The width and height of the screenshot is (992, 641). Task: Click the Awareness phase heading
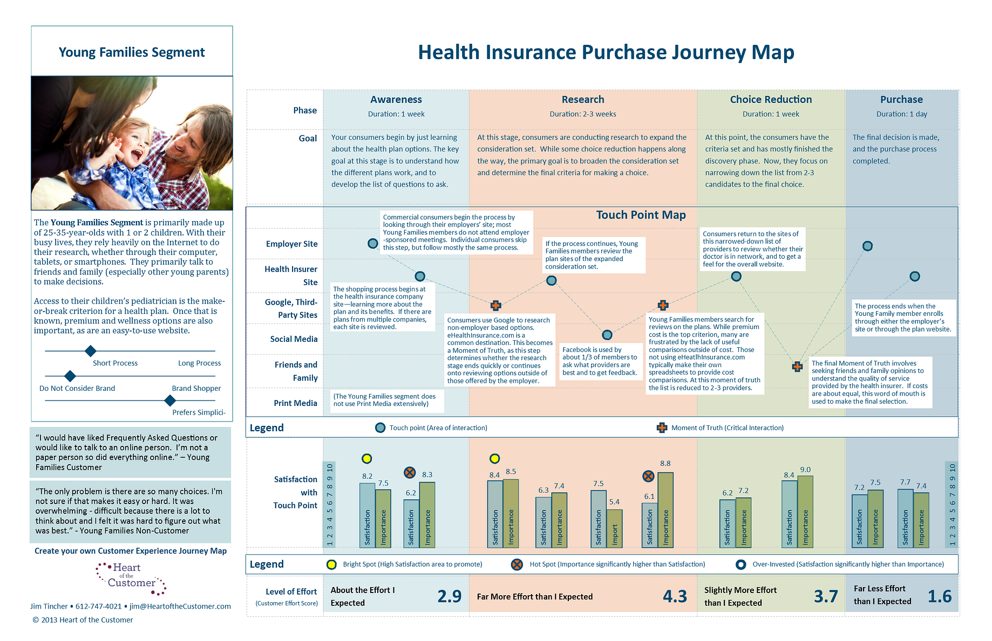point(396,100)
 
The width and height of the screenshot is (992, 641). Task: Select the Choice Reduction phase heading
point(771,100)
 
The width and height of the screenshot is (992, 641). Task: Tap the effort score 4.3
point(675,596)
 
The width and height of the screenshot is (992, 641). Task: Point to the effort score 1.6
point(939,596)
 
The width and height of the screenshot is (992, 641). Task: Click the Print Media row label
point(295,403)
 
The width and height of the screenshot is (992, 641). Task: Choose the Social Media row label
point(294,339)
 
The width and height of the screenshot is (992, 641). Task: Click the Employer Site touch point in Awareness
point(372,244)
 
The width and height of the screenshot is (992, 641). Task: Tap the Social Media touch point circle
point(607,335)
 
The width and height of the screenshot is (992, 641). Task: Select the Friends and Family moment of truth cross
point(797,367)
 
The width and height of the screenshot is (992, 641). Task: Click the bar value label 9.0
point(805,470)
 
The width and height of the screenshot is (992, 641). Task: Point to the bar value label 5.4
point(614,502)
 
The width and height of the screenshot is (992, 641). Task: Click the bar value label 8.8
point(665,464)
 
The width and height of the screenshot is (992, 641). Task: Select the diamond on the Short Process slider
point(91,351)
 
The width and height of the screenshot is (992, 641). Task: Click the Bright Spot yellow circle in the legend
point(331,564)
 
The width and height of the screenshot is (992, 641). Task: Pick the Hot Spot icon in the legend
point(517,564)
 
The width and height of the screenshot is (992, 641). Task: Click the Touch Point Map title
point(641,215)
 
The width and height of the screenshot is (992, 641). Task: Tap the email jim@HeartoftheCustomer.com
point(180,606)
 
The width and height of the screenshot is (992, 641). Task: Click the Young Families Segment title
point(132,52)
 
